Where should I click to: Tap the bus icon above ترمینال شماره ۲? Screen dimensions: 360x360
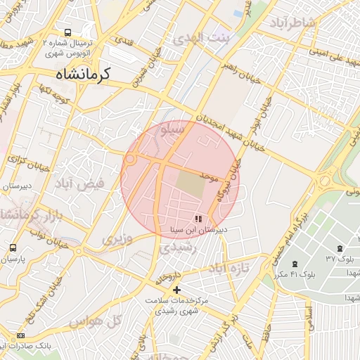[x=67, y=32]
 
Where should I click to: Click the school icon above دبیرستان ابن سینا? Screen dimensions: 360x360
[x=198, y=219]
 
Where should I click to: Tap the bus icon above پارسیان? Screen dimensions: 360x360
[x=13, y=248]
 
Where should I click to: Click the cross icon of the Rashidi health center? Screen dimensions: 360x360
[x=176, y=290]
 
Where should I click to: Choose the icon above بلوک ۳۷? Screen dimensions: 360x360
[x=340, y=248]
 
